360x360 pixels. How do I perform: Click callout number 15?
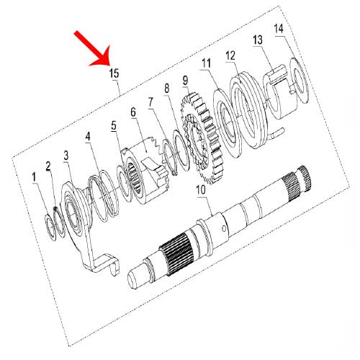[114, 73]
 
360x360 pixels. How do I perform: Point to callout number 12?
[230, 55]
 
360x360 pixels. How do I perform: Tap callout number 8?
[167, 88]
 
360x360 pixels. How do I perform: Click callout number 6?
[133, 113]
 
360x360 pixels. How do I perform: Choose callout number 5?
[114, 125]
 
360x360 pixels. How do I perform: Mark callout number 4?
[87, 135]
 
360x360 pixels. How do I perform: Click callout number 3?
[66, 155]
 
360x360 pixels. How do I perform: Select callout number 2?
[49, 165]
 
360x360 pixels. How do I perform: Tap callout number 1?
[33, 176]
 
